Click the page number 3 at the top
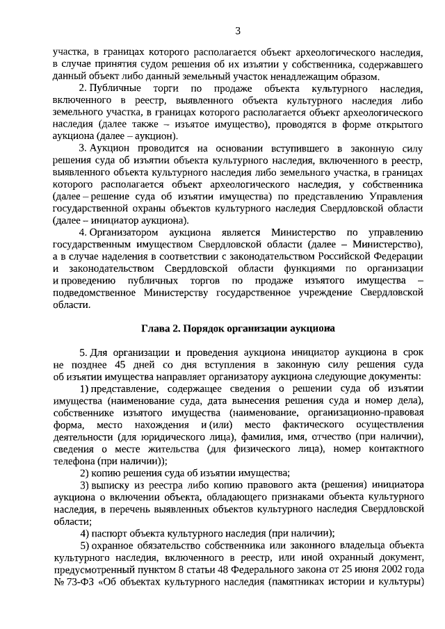238,31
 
